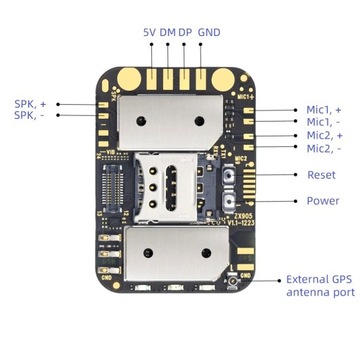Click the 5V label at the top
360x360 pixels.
pos(149,32)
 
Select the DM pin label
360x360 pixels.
pos(168,32)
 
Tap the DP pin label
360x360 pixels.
pos(186,32)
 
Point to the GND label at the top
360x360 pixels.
pos(210,32)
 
